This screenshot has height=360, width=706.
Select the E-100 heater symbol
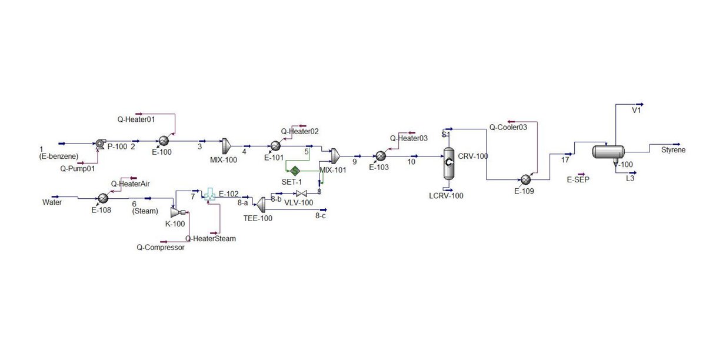click(164, 141)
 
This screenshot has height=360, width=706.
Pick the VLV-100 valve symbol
click(302, 194)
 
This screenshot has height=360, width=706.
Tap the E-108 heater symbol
click(102, 199)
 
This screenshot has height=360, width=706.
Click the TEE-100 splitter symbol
click(261, 202)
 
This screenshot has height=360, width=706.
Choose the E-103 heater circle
click(381, 155)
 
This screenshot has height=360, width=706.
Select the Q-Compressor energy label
click(161, 248)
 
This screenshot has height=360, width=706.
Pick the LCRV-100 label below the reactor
click(447, 196)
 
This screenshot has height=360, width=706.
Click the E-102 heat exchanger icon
click(209, 195)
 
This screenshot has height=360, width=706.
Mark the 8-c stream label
click(321, 216)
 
